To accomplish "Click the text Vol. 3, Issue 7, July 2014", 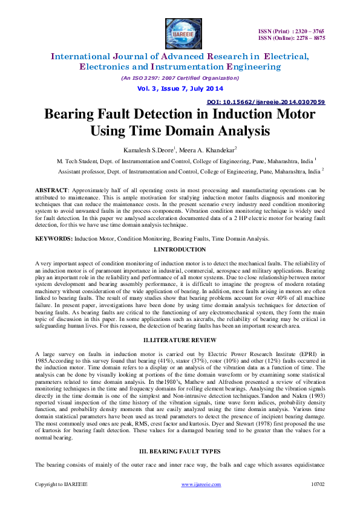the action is (180, 88).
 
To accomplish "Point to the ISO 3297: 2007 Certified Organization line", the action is (180, 78).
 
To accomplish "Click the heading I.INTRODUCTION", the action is (180, 250).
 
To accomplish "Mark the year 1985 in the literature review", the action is (42, 360).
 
